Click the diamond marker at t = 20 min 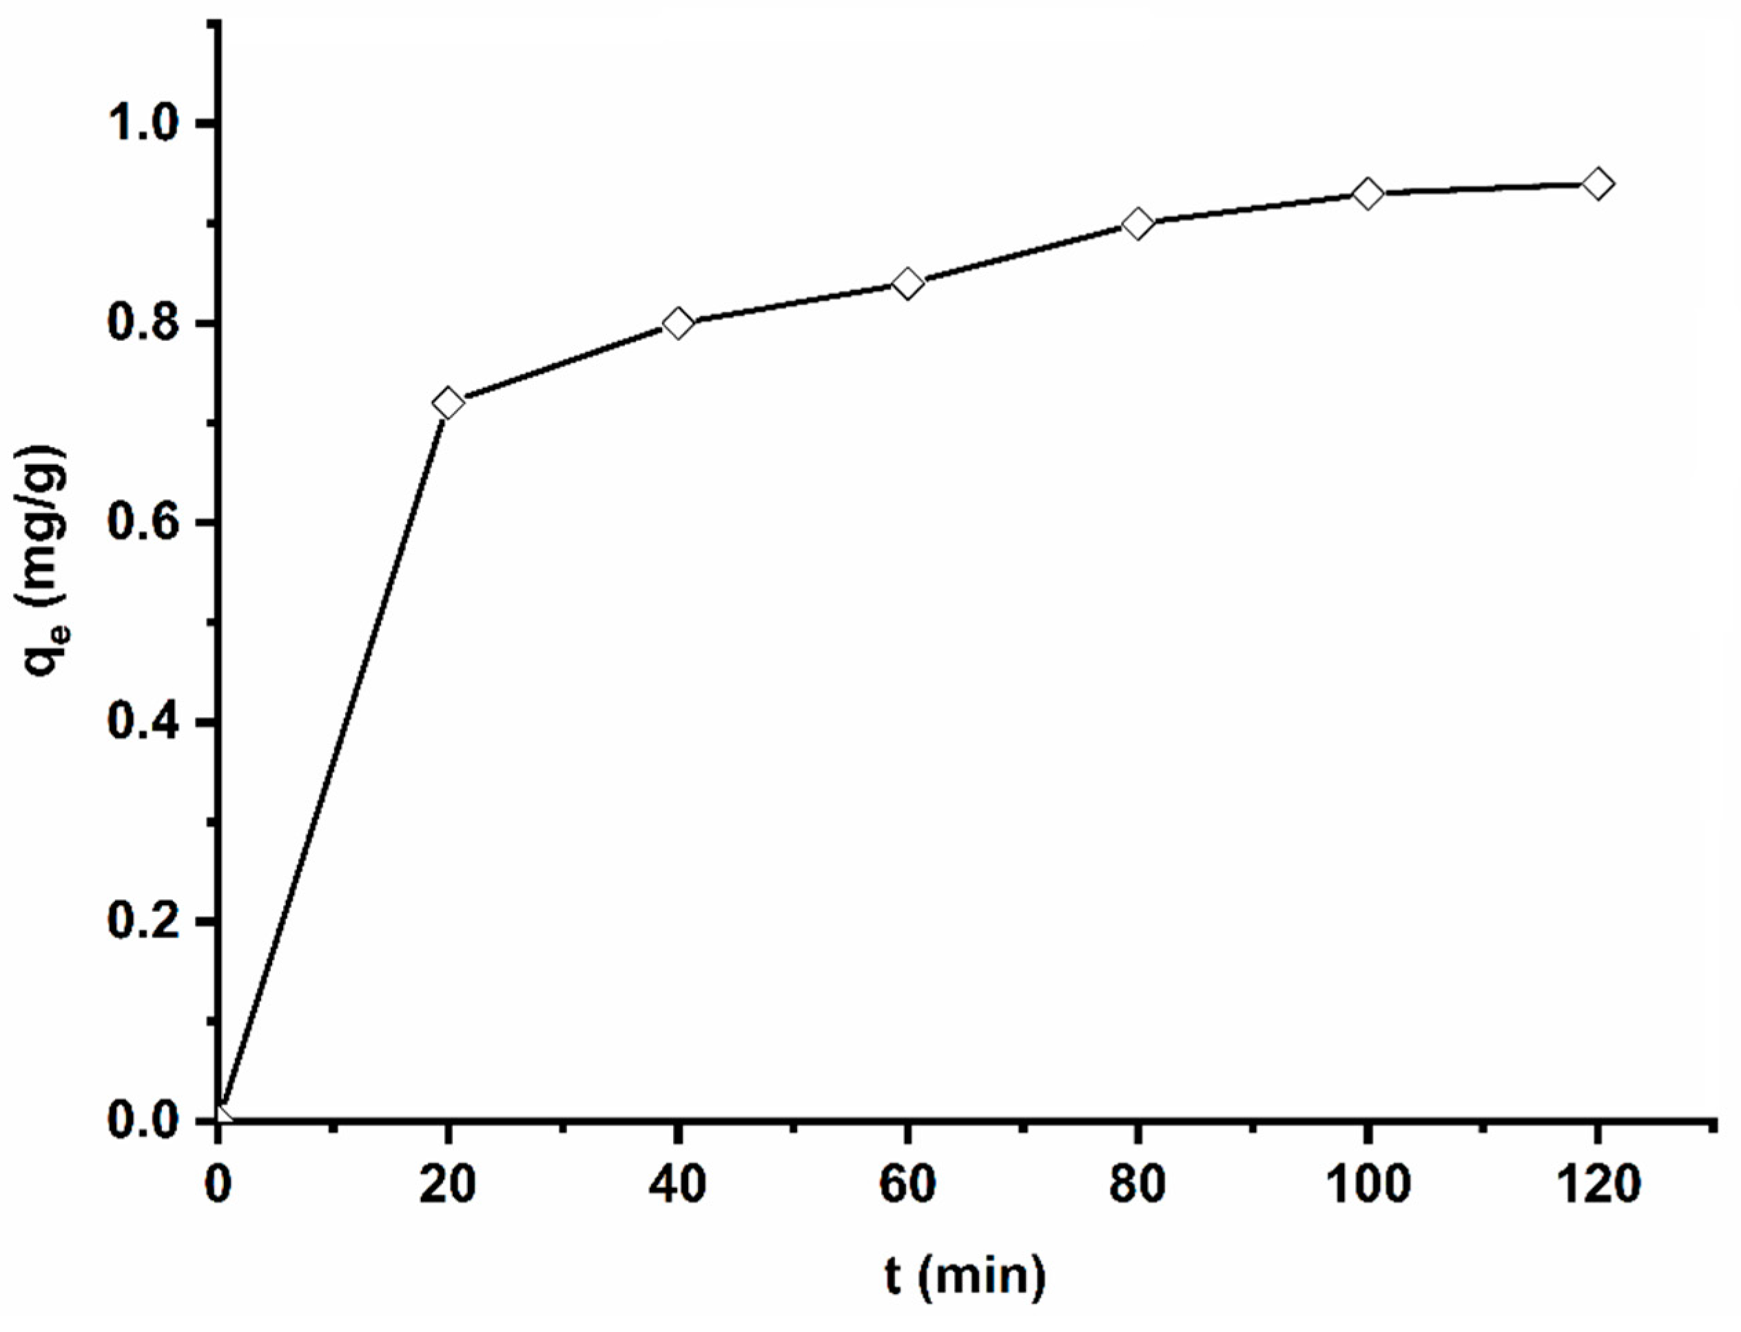448,403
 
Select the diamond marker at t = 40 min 678,323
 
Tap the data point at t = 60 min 908,283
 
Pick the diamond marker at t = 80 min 1138,224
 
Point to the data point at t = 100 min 1368,194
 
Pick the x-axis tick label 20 448,1185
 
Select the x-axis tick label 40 678,1185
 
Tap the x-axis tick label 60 908,1185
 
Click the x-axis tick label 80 1138,1185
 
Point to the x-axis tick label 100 1368,1185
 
